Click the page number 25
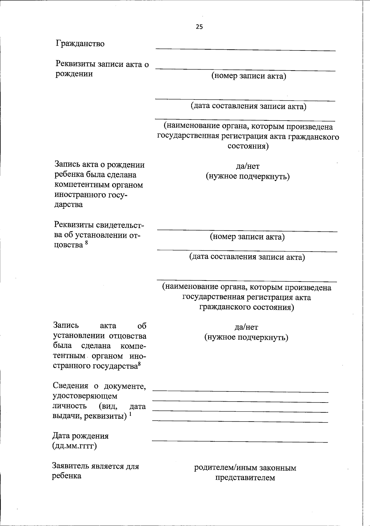199,27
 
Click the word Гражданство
80,44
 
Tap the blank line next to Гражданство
245,50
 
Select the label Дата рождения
80,436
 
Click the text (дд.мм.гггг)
74,446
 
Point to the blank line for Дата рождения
240,442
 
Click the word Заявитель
70,466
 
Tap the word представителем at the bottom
245,478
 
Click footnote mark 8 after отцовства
86,243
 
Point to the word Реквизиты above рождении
75,64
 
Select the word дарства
68,204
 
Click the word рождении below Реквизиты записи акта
74,74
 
